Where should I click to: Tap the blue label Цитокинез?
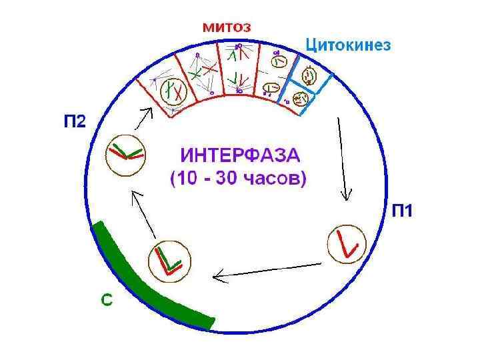[x=348, y=45]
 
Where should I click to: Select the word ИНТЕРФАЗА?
[x=241, y=157]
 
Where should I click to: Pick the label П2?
[x=75, y=122]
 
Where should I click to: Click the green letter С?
[x=107, y=301]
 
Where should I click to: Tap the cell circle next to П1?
[x=347, y=245]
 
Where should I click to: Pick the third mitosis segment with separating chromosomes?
[x=237, y=67]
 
